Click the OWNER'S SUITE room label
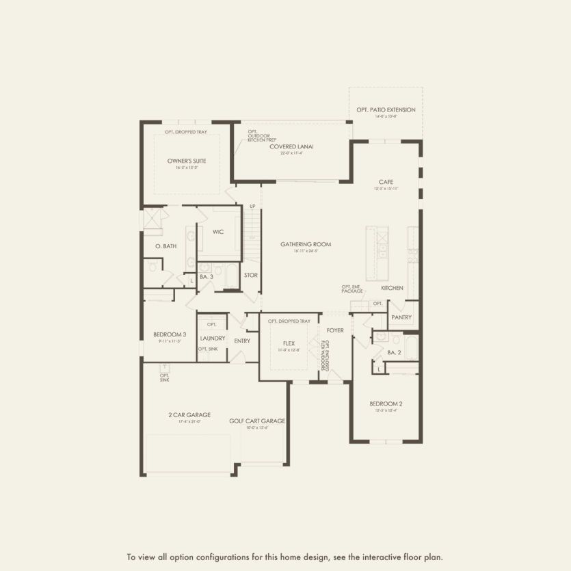[187, 161]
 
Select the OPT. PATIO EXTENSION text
[386, 109]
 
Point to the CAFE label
[386, 182]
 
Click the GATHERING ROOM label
[306, 244]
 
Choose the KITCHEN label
[392, 288]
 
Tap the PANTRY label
[401, 317]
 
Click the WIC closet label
[218, 232]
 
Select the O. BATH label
[165, 246]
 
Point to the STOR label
[250, 276]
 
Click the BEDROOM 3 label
[170, 334]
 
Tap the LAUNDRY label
[213, 338]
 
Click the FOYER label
[335, 330]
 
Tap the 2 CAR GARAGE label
[189, 414]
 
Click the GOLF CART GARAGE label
[257, 421]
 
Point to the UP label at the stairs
[252, 207]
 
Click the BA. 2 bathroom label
[394, 352]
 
